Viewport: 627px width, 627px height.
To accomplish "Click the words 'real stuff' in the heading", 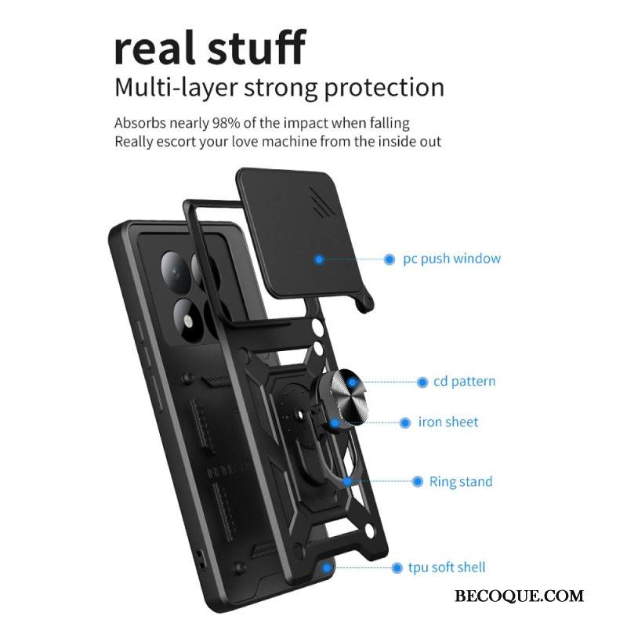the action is pyautogui.click(x=210, y=47).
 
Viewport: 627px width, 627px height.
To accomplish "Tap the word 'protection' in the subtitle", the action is pyautogui.click(x=384, y=88).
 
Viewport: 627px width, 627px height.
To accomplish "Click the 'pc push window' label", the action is pyautogui.click(x=452, y=259).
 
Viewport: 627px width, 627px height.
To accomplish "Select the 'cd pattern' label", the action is pyautogui.click(x=464, y=382).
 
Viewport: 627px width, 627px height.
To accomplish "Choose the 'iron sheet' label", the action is pyautogui.click(x=448, y=422).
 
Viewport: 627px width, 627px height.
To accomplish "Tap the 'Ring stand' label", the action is pyautogui.click(x=461, y=481).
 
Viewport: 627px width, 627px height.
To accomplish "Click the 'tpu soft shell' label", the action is pyautogui.click(x=447, y=567).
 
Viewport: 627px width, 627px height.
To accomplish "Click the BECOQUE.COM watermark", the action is pyautogui.click(x=519, y=596).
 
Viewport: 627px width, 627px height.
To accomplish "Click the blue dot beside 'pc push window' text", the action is pyautogui.click(x=389, y=259).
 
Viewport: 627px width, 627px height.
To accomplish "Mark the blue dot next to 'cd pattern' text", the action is pyautogui.click(x=422, y=382).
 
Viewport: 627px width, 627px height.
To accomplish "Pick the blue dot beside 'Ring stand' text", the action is pyautogui.click(x=417, y=481).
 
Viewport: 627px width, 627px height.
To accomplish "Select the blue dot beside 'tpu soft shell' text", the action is pyautogui.click(x=397, y=567).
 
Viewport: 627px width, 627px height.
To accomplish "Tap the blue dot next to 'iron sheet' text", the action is pyautogui.click(x=405, y=422).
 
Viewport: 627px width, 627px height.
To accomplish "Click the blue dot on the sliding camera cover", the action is pyautogui.click(x=319, y=259).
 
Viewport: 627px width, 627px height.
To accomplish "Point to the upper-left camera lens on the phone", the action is pyautogui.click(x=176, y=271).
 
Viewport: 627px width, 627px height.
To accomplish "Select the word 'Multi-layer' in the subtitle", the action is pyautogui.click(x=176, y=87).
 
